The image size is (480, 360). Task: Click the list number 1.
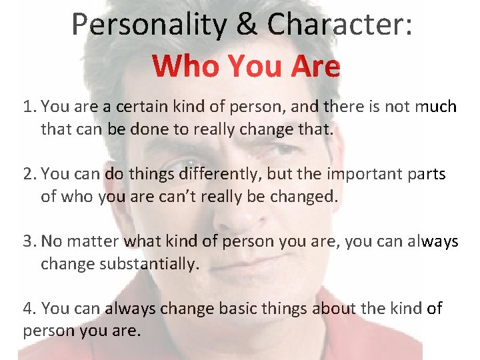tap(28, 107)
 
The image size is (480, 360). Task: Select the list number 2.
tap(28, 175)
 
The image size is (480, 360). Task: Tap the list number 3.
tap(28, 242)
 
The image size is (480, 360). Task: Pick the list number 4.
tap(28, 309)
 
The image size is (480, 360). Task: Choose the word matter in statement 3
tap(94, 242)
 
